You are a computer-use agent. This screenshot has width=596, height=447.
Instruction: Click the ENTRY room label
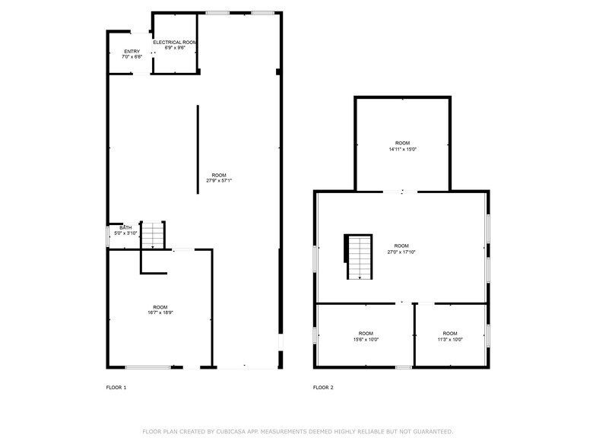(x=132, y=51)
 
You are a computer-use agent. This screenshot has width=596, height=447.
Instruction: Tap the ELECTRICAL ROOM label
(x=175, y=42)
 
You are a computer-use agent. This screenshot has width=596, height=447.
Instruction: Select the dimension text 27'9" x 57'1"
(x=219, y=180)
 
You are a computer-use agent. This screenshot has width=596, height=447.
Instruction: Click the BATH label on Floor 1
(x=125, y=227)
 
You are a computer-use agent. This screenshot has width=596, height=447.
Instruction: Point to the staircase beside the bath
(x=154, y=235)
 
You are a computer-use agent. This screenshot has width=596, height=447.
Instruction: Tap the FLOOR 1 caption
(x=116, y=388)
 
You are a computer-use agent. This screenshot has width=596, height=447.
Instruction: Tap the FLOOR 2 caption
(x=323, y=388)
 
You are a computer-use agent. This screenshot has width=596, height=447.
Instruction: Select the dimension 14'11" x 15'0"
(x=402, y=149)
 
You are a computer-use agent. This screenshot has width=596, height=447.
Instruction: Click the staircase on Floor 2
(x=360, y=256)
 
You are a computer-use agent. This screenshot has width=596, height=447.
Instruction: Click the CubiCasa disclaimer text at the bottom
(x=298, y=431)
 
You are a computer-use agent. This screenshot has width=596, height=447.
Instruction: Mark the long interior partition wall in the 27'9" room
(x=198, y=148)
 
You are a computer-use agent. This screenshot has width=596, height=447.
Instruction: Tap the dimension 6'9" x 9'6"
(x=175, y=48)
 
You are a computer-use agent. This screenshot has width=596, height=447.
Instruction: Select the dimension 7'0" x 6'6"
(x=132, y=57)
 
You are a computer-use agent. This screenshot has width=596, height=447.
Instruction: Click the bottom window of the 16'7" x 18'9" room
(x=147, y=368)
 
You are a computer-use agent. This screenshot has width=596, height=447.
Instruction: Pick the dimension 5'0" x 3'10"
(x=125, y=233)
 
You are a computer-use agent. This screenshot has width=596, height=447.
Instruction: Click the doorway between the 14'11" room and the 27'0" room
(x=400, y=192)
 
